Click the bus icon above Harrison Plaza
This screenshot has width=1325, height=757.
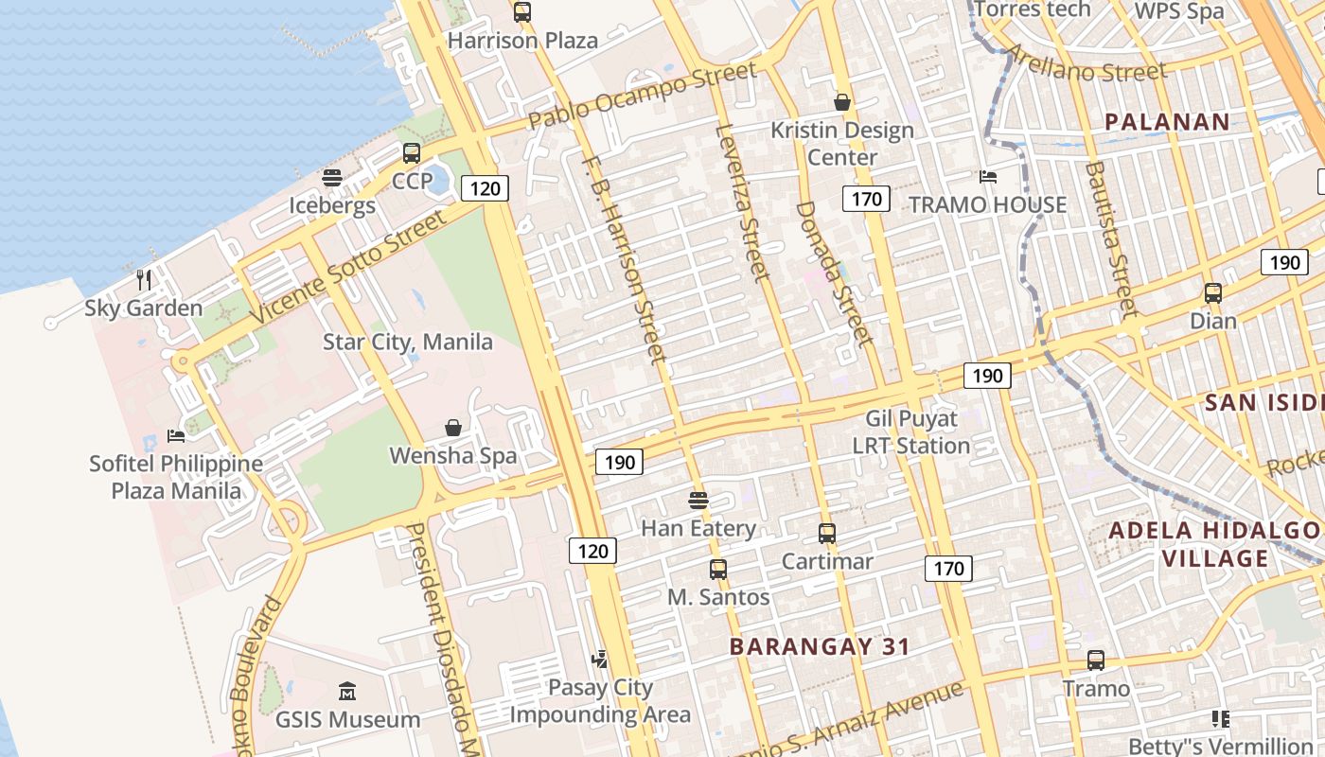click(x=522, y=12)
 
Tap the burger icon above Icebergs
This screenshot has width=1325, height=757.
click(x=332, y=178)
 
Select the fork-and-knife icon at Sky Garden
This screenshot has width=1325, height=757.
click(x=144, y=279)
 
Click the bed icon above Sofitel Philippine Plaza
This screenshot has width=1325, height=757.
click(x=176, y=435)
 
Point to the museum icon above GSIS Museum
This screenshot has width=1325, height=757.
click(x=347, y=692)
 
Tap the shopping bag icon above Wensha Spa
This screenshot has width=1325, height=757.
click(x=453, y=428)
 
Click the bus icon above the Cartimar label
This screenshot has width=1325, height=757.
click(x=827, y=533)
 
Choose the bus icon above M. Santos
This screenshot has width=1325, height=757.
click(x=718, y=569)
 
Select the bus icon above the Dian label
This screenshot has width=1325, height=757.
click(x=1213, y=292)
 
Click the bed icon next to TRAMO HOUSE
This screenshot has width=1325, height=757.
click(x=988, y=177)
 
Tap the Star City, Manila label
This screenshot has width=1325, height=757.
click(x=408, y=342)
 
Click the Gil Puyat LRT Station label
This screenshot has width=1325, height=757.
click(x=911, y=431)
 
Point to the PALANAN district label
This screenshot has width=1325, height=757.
click(x=1167, y=121)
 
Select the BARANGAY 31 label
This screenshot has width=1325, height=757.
click(x=820, y=646)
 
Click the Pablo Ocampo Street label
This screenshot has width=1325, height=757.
click(x=643, y=96)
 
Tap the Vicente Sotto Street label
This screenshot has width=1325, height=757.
click(x=347, y=268)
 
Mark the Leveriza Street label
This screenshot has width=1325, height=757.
click(x=744, y=202)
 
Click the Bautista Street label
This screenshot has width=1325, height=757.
click(x=1110, y=238)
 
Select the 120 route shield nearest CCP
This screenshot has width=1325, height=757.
click(x=485, y=188)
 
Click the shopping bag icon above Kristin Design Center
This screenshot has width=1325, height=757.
click(x=842, y=101)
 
